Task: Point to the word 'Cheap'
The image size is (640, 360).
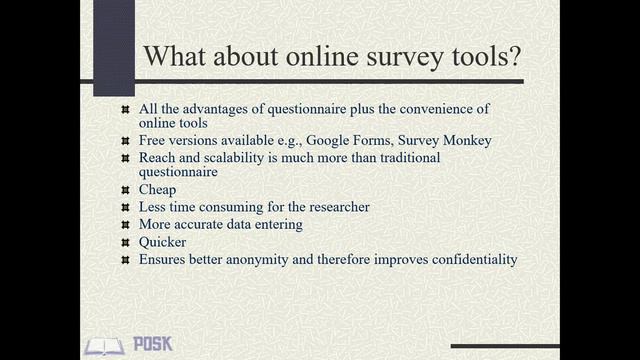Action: coord(157,190)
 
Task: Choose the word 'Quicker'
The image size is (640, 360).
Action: coord(162,242)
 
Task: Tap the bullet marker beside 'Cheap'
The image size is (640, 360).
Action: coord(124,190)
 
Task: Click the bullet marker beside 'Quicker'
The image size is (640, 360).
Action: coord(124,242)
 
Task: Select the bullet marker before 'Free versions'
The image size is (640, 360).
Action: coord(124,140)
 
